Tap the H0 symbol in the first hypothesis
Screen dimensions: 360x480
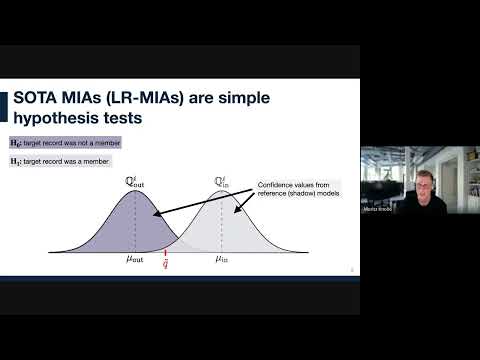(16, 144)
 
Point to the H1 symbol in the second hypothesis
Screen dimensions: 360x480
(16, 160)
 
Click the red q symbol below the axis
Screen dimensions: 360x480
(165, 265)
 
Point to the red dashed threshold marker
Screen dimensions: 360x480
(165, 251)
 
